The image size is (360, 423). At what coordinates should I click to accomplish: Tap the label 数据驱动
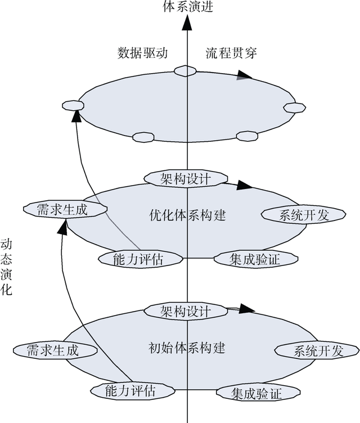click(143, 53)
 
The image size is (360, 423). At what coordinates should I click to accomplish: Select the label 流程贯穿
click(231, 53)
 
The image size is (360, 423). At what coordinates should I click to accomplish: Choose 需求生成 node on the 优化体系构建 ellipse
click(64, 209)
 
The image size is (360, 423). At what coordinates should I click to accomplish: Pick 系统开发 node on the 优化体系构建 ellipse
click(295, 214)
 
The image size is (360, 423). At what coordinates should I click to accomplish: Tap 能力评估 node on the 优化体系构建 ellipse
click(141, 258)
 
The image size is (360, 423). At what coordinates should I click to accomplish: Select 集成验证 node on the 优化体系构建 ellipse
click(255, 258)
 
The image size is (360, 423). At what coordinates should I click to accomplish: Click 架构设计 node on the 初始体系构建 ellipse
click(178, 310)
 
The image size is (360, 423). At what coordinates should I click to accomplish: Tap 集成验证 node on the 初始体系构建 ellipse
click(256, 392)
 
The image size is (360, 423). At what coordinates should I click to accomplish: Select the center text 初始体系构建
click(188, 348)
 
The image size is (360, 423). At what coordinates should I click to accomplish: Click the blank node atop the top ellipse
click(184, 70)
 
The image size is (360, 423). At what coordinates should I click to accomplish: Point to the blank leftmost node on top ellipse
click(72, 105)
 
